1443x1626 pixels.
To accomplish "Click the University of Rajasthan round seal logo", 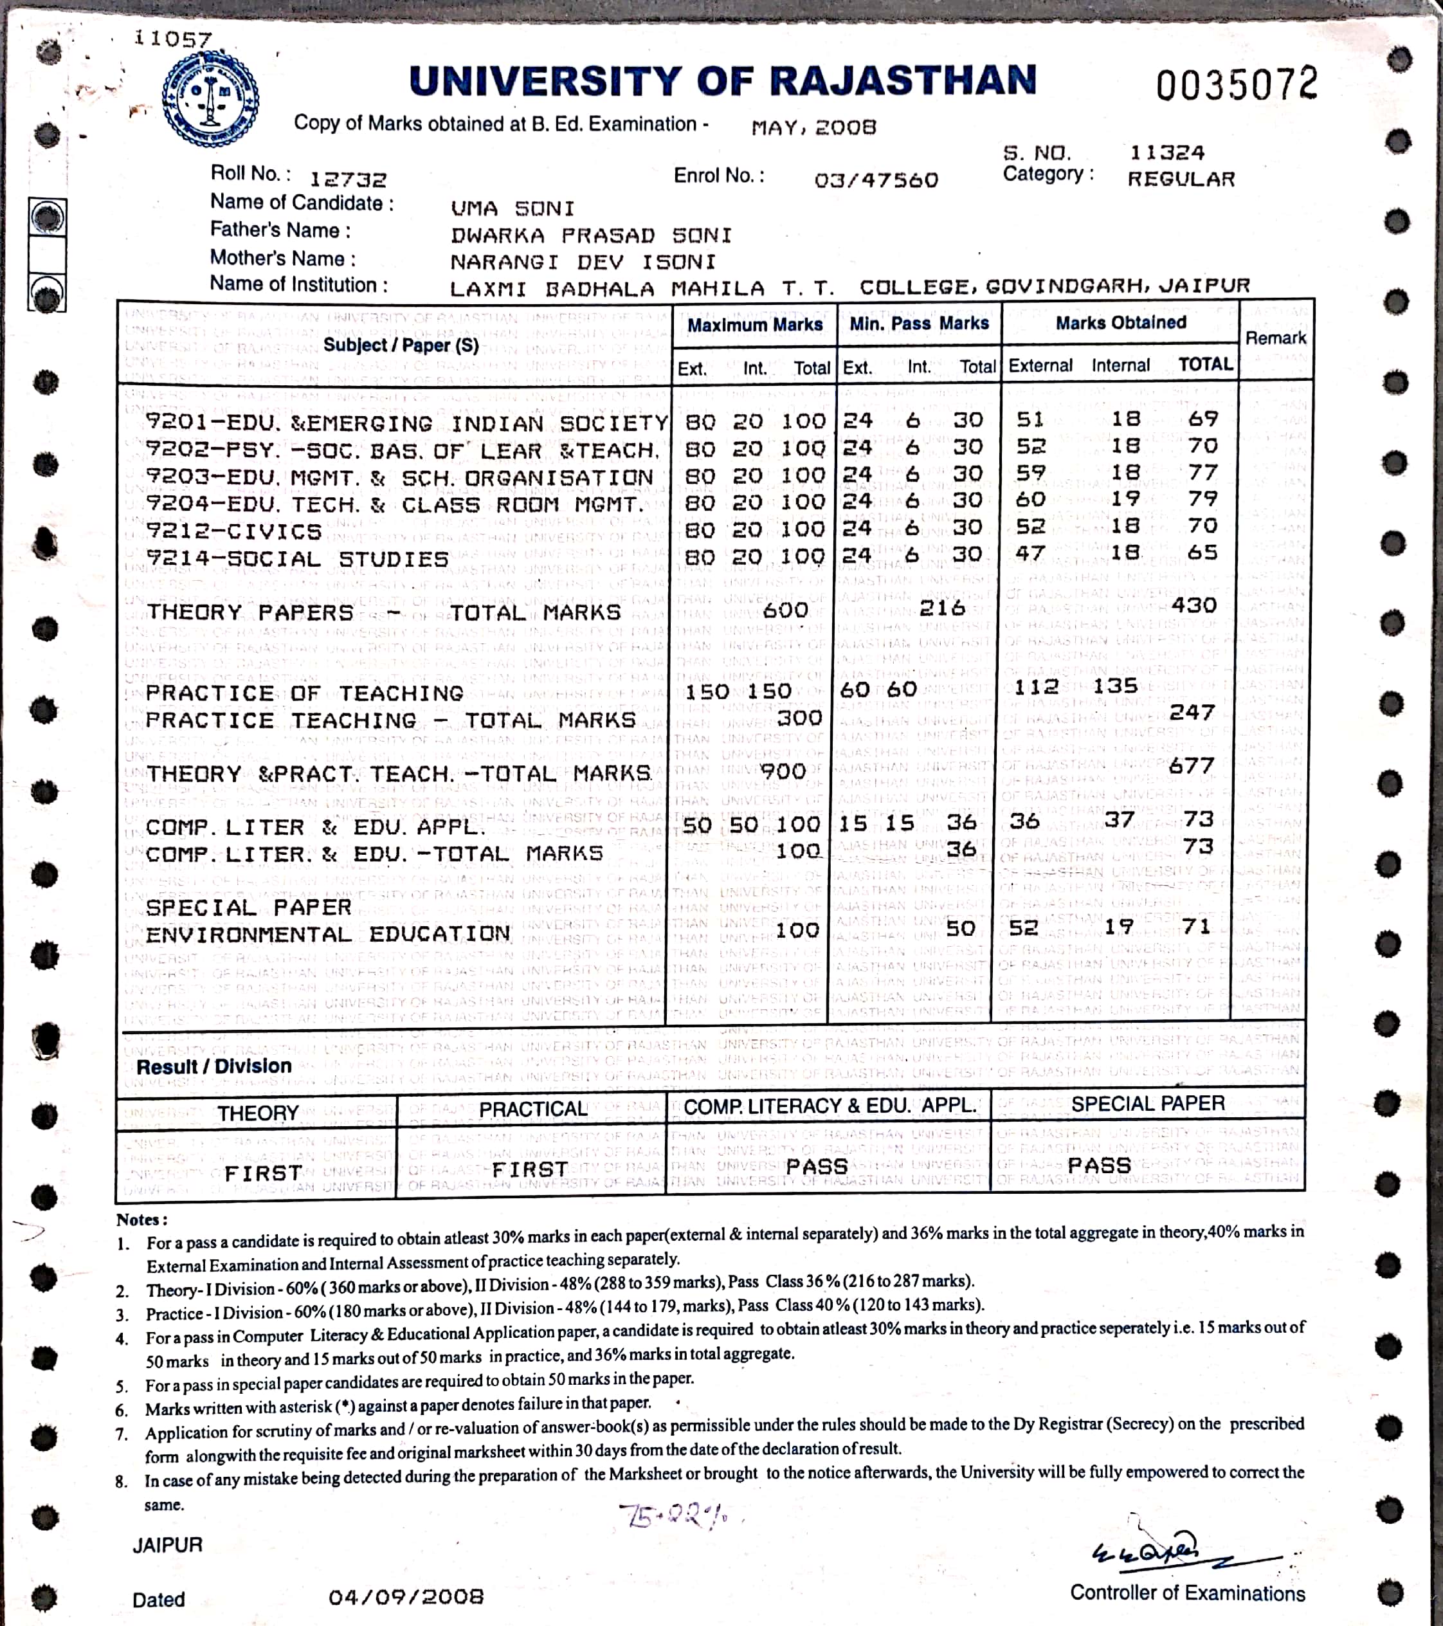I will [x=210, y=100].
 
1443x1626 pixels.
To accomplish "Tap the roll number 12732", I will [x=348, y=180].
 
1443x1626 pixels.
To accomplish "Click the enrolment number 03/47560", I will [x=876, y=180].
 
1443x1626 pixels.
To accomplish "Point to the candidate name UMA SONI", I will [x=513, y=208].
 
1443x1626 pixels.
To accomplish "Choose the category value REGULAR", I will [x=1181, y=179].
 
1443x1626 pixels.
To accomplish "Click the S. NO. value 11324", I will [x=1167, y=152].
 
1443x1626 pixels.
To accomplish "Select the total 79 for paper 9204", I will [x=1202, y=498].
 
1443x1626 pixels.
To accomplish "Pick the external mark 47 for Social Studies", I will [x=1030, y=553].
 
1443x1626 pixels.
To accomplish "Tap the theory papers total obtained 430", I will [x=1193, y=605].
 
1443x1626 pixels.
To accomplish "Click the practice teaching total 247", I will [x=1192, y=713].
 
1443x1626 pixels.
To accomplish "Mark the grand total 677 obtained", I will [x=1192, y=766].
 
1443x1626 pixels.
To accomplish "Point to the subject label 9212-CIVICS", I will [x=234, y=531].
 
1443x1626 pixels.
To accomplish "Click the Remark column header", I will [x=1275, y=338].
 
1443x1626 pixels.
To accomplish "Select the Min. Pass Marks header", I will [x=919, y=323].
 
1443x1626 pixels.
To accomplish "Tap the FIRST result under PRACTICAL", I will [x=530, y=1169].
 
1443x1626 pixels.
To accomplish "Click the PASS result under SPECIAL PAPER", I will [x=1100, y=1166].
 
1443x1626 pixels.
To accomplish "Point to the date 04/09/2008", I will [x=406, y=1596].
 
